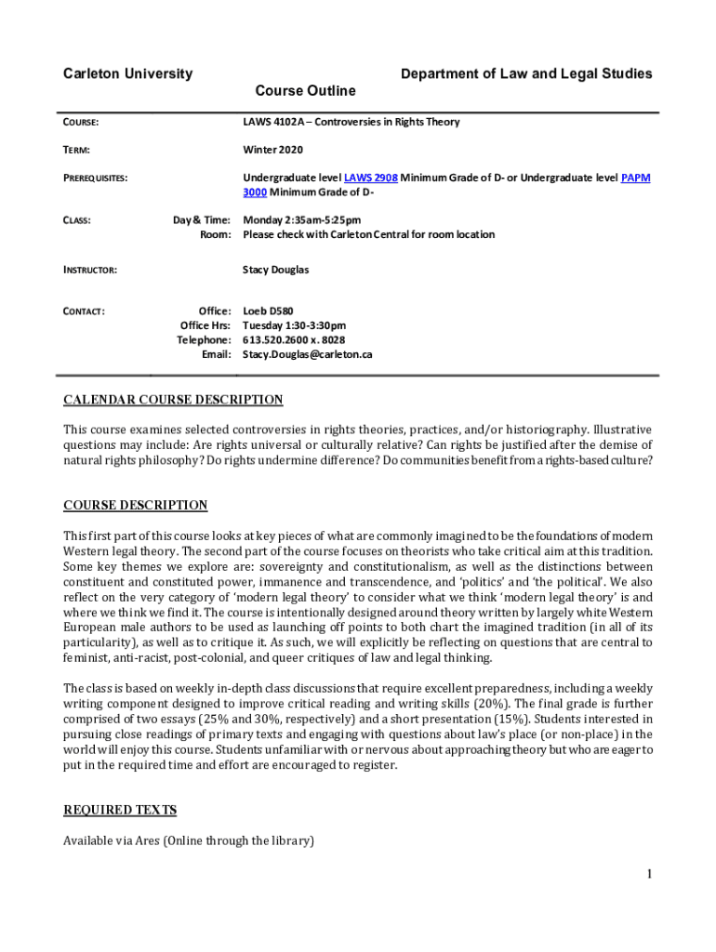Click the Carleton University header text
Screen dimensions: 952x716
point(127,73)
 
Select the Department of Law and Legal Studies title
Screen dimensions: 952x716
point(526,73)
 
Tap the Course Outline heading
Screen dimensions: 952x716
point(305,91)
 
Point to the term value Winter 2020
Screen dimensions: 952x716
point(272,150)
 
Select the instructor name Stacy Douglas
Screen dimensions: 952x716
point(275,270)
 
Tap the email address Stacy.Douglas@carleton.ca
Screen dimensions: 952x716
point(307,354)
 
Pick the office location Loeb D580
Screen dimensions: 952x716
point(268,311)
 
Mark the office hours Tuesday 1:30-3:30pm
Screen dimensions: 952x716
point(294,325)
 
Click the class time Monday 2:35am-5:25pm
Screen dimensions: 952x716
point(301,220)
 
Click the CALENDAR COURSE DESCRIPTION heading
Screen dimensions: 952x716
point(173,401)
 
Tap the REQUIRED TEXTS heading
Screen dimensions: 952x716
point(120,811)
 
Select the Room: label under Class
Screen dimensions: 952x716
point(215,234)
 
